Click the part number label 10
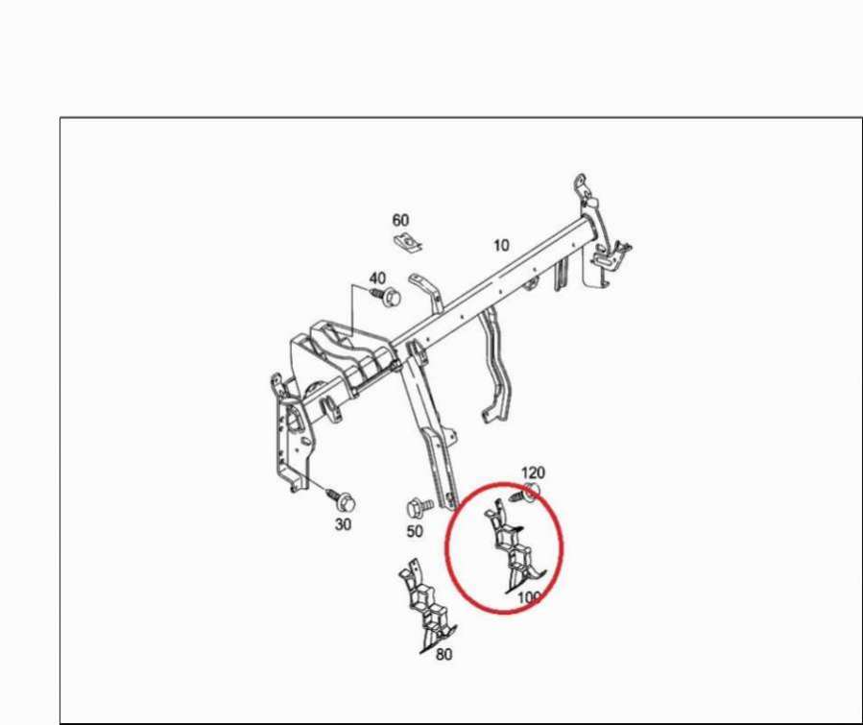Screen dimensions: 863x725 [501, 246]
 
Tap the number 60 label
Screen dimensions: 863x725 [400, 220]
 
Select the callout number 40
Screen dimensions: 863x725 [377, 278]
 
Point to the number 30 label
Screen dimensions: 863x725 [343, 524]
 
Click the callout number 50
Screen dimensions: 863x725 [415, 531]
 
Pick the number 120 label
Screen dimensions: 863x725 [533, 472]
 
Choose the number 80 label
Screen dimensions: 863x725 [444, 655]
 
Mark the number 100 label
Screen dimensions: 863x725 [529, 596]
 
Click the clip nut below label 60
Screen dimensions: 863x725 [408, 242]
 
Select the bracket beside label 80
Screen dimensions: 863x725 [427, 608]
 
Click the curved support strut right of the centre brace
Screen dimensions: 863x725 [497, 366]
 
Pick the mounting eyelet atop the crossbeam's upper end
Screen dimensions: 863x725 [580, 183]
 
